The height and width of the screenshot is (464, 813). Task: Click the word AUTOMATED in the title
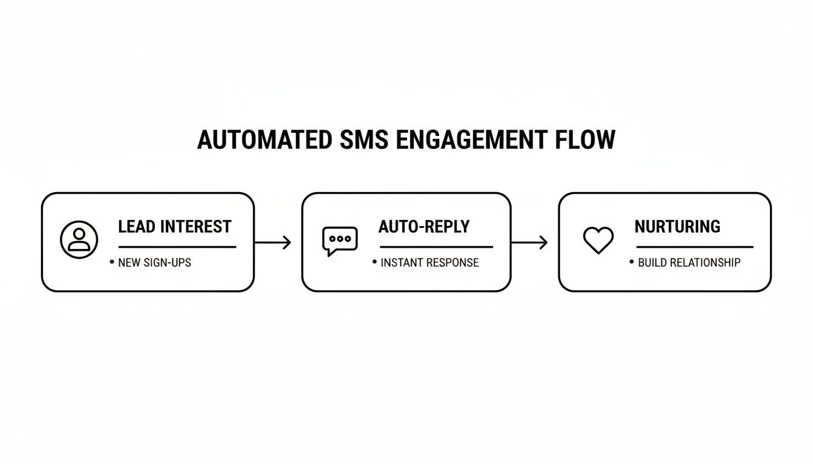[264, 140]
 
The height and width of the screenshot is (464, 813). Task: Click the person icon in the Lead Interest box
[79, 240]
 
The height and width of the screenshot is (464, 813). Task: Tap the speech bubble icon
[339, 240]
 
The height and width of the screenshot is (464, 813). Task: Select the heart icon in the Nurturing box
[598, 240]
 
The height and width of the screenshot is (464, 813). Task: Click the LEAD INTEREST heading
[174, 227]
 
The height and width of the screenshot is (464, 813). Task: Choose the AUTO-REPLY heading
[423, 227]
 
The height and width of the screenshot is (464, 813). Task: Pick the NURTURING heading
[677, 227]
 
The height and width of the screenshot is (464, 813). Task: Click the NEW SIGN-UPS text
[154, 263]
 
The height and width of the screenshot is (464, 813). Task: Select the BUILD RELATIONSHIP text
[689, 263]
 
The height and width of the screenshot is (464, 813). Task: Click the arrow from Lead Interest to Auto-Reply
[273, 243]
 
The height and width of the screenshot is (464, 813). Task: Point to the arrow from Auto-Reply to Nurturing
[529, 243]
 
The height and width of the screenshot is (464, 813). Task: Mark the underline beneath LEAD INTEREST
[177, 246]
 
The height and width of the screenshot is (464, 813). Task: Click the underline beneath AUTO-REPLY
[436, 246]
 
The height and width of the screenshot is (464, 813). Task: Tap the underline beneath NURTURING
[694, 246]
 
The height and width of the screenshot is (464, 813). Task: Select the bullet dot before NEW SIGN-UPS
[111, 262]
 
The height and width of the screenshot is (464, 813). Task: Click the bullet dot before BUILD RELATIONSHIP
[632, 262]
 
